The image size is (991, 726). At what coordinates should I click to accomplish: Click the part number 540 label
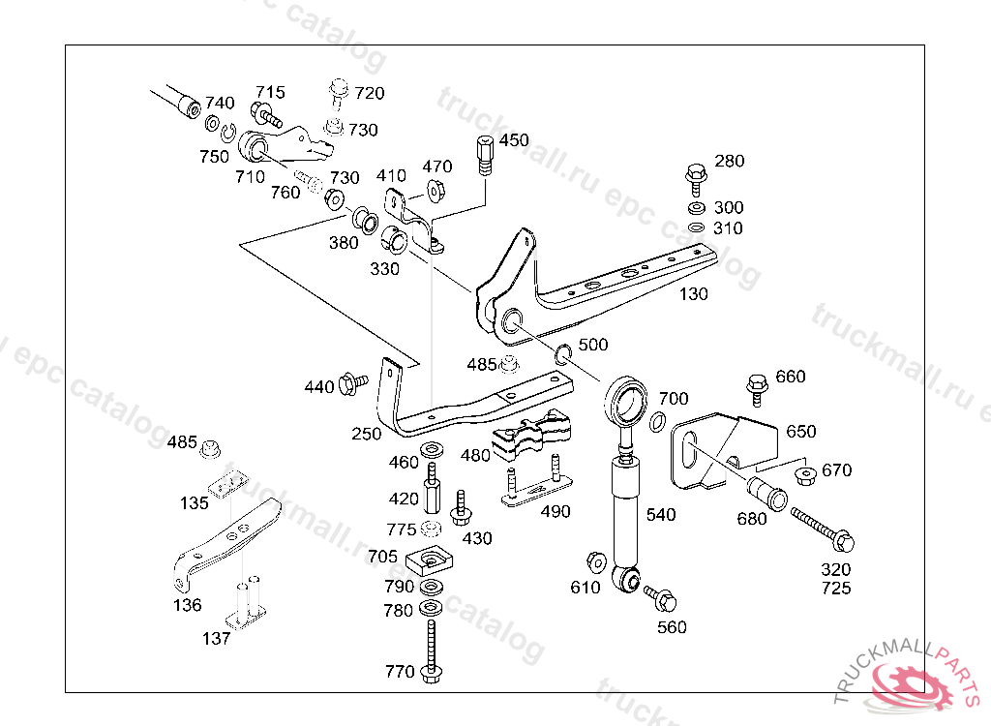point(660,515)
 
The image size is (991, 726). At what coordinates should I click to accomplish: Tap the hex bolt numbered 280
point(695,180)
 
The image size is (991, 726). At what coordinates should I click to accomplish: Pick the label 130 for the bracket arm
point(693,294)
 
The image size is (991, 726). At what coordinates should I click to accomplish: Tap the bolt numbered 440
point(352,383)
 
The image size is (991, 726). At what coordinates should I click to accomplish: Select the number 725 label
point(836,589)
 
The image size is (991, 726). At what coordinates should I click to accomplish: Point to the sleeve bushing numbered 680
point(767,494)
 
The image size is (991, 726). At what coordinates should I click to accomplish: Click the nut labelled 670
point(805,475)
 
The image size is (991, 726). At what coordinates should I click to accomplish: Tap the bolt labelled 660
point(757,389)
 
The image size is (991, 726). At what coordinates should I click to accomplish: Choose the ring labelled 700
point(658,421)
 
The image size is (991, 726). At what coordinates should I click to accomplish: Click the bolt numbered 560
point(660,597)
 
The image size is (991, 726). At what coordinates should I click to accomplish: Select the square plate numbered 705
point(430,560)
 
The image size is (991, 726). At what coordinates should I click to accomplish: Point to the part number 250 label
point(367,434)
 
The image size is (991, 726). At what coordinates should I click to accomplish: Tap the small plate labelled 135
point(228,484)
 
